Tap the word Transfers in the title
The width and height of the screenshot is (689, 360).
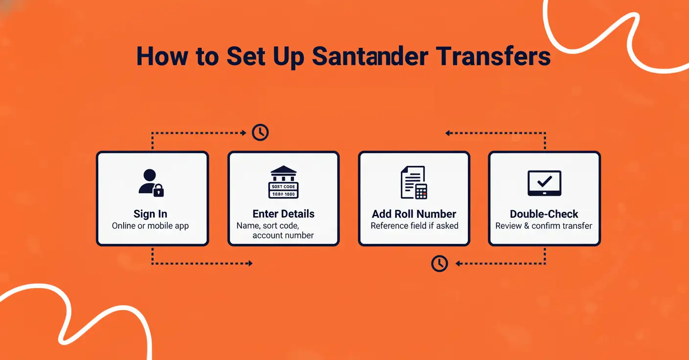click(494, 57)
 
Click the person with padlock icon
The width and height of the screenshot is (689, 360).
click(151, 183)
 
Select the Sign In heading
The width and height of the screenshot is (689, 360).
click(150, 214)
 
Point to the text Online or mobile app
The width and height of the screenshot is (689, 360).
click(150, 226)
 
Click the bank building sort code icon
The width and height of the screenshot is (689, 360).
click(283, 182)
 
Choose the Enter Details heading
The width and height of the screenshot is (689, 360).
click(283, 214)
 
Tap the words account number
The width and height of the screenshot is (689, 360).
click(283, 236)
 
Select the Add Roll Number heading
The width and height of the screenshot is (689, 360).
click(414, 214)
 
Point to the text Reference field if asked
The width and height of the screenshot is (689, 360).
click(414, 226)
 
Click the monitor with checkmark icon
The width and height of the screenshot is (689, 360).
click(544, 183)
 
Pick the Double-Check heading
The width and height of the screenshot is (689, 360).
click(544, 214)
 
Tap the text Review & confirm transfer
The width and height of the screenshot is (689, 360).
click(544, 226)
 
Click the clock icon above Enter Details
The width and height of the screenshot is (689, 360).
click(260, 133)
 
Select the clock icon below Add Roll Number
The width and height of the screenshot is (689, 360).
click(439, 264)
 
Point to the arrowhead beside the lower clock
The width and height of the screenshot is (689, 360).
click(458, 264)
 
